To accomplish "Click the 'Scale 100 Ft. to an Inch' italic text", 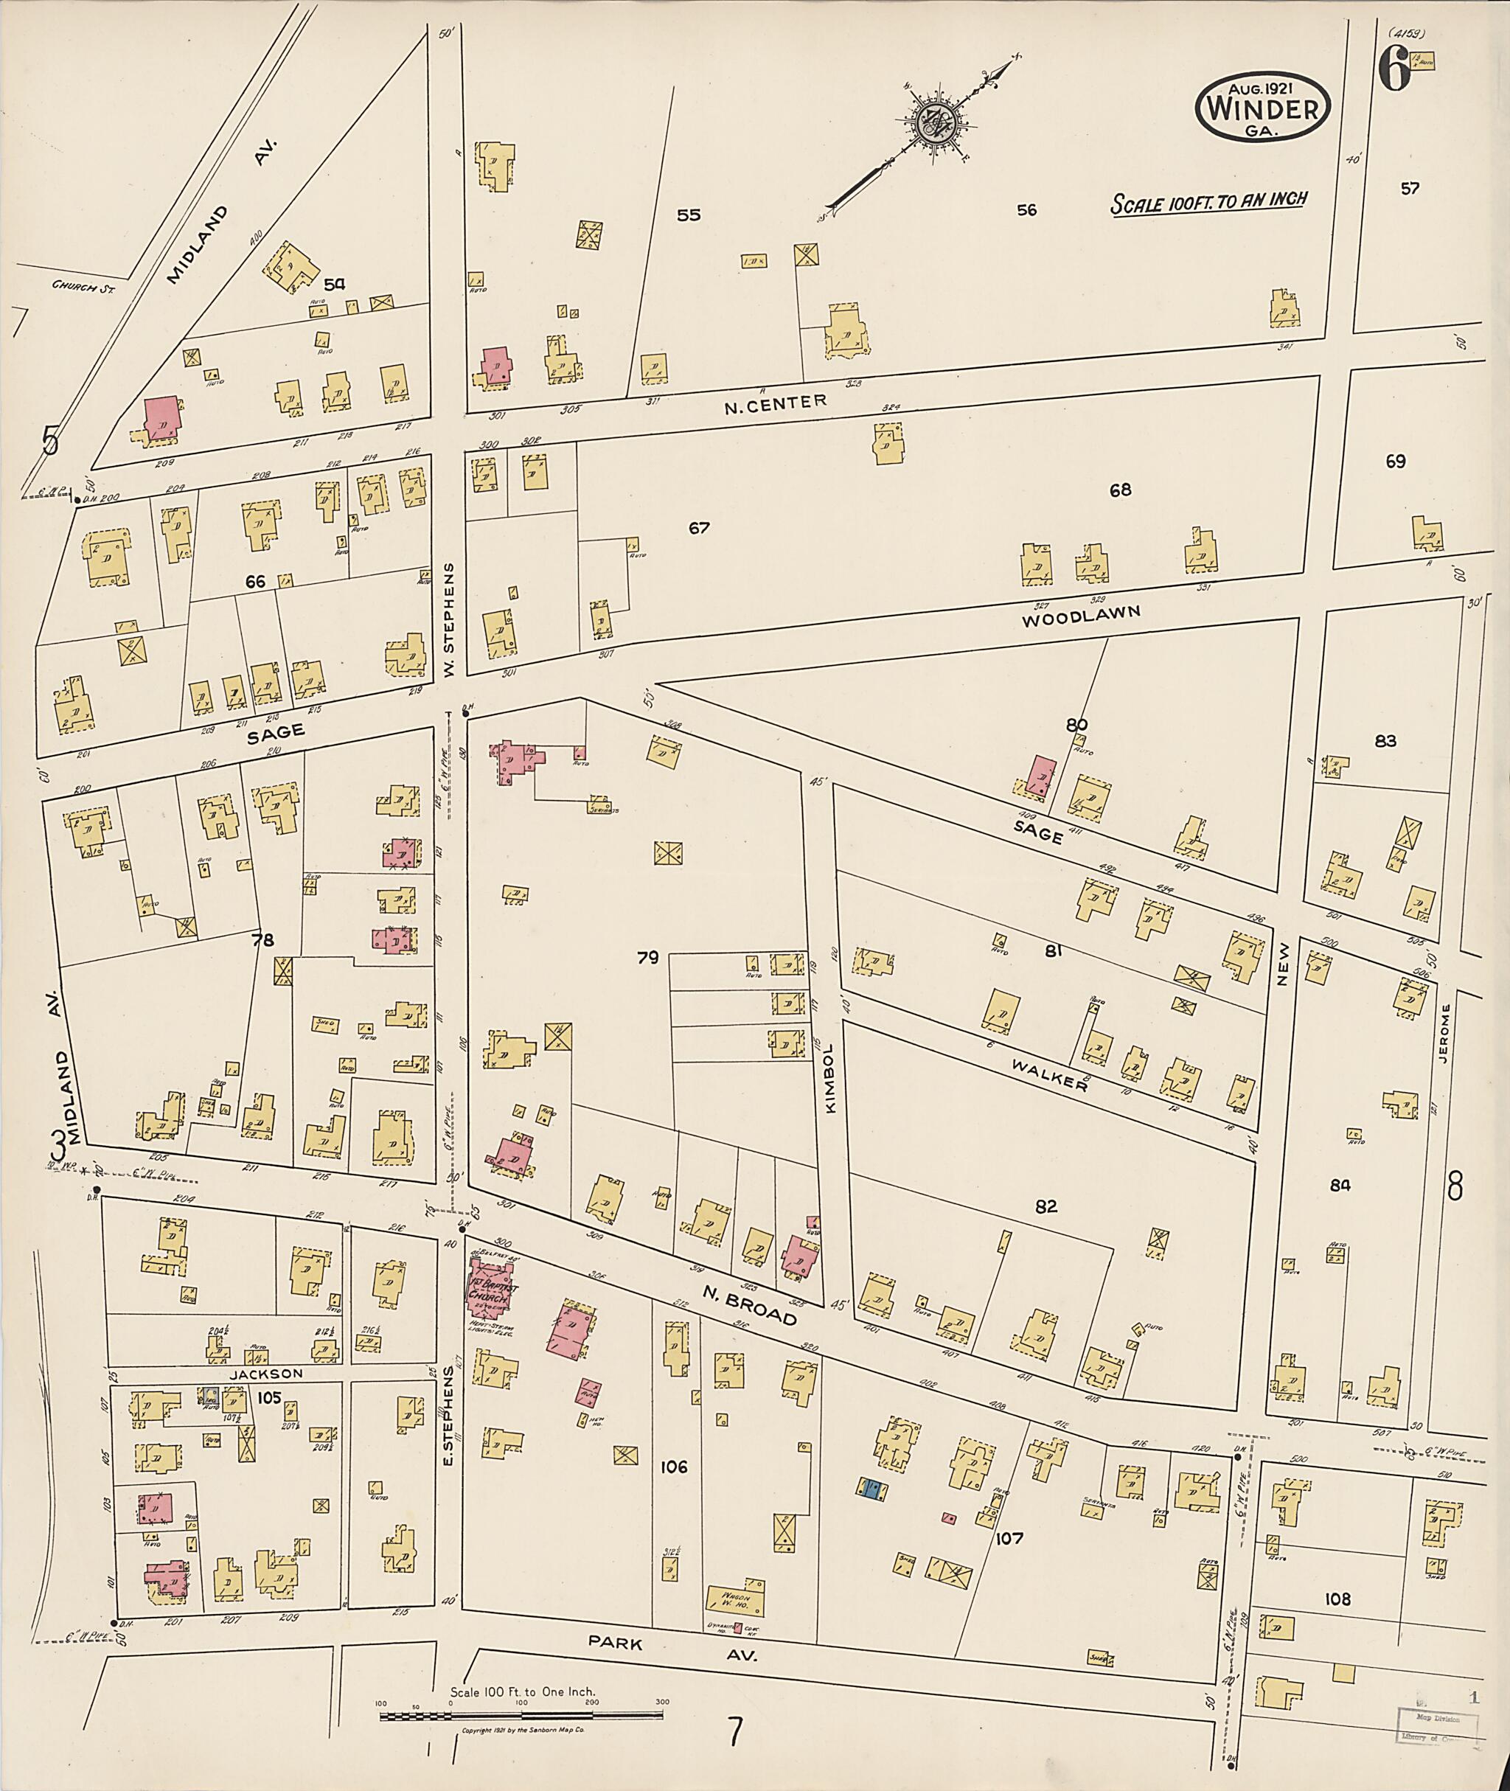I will point(1208,202).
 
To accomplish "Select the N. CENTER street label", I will point(776,403).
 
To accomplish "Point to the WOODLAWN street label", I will point(1081,616).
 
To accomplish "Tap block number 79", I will point(647,957).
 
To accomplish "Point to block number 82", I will point(1046,1206).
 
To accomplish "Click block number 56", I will point(1026,209).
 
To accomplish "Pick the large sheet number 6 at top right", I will point(1393,73).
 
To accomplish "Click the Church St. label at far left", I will point(83,287).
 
